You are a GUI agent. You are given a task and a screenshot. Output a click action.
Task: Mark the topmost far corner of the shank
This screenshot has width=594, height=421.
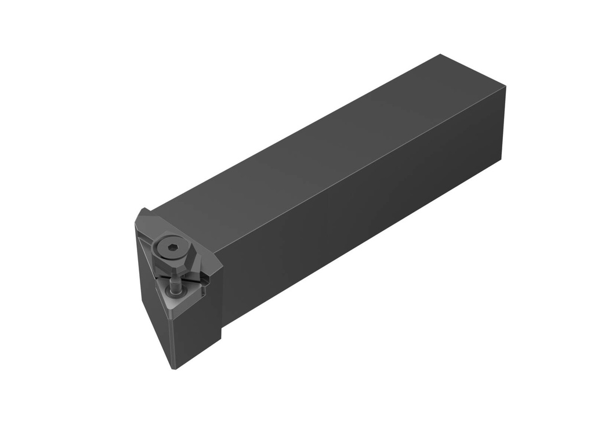click(x=440, y=55)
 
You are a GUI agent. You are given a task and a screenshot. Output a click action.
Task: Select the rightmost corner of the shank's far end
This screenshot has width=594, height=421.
click(x=506, y=88)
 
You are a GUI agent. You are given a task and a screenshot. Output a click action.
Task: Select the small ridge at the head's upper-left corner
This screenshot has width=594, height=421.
click(x=142, y=212)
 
